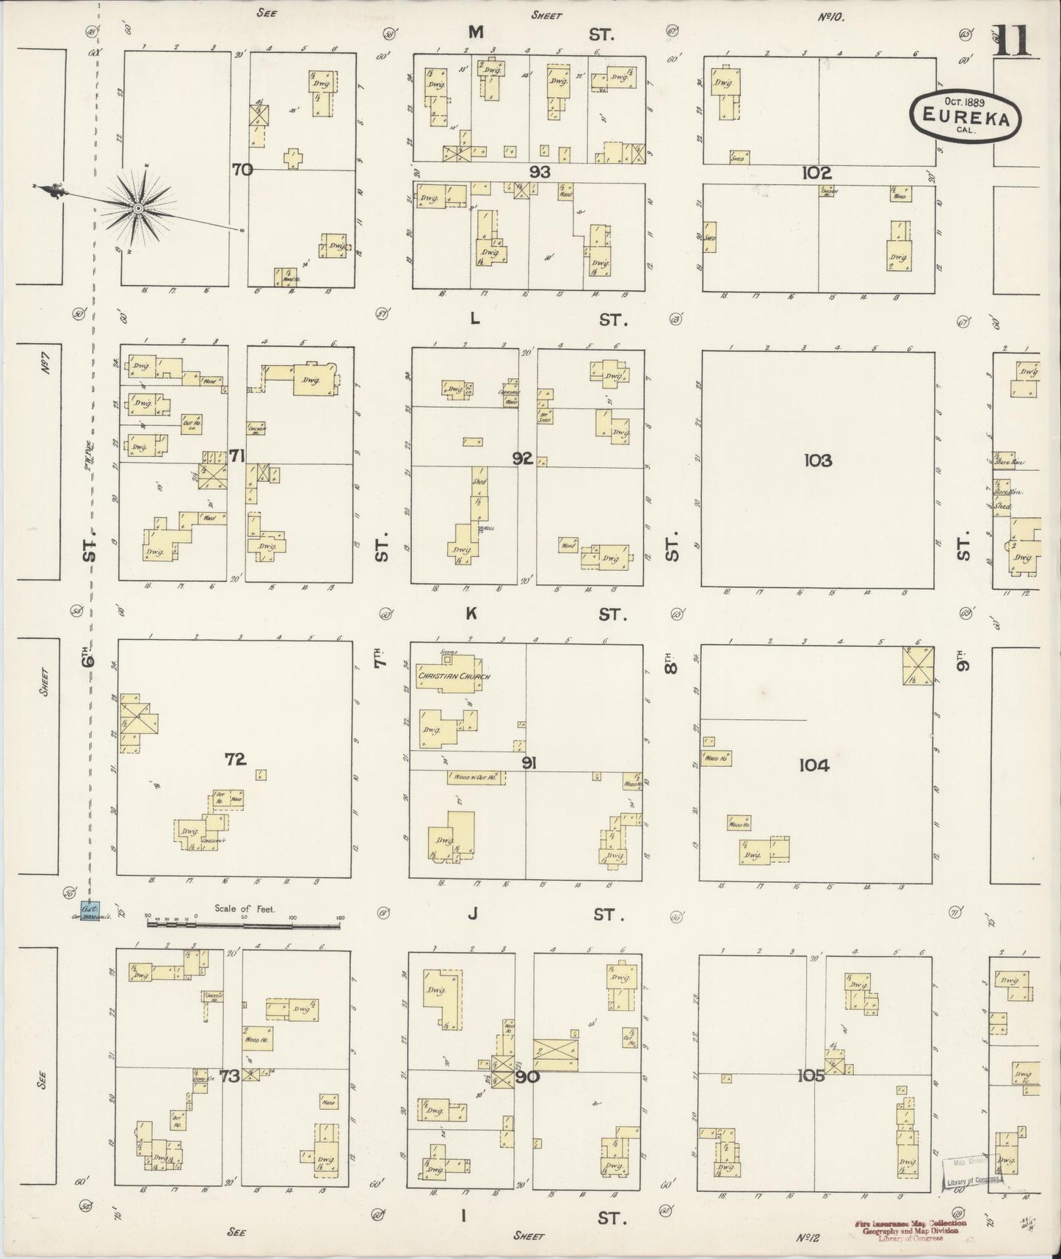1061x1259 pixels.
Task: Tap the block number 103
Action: tap(816, 461)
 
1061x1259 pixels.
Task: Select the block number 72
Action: tap(235, 760)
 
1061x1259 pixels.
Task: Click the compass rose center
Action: tap(137, 209)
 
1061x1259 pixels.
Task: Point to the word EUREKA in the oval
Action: tap(965, 115)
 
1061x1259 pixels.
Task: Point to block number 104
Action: tap(814, 765)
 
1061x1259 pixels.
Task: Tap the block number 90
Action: tap(527, 1078)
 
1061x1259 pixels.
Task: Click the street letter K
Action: tap(471, 613)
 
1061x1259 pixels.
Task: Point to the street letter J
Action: tap(474, 914)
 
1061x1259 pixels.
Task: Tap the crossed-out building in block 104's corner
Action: tap(918, 665)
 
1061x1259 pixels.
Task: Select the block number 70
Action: tap(242, 170)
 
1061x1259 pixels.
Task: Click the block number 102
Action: tap(816, 173)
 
